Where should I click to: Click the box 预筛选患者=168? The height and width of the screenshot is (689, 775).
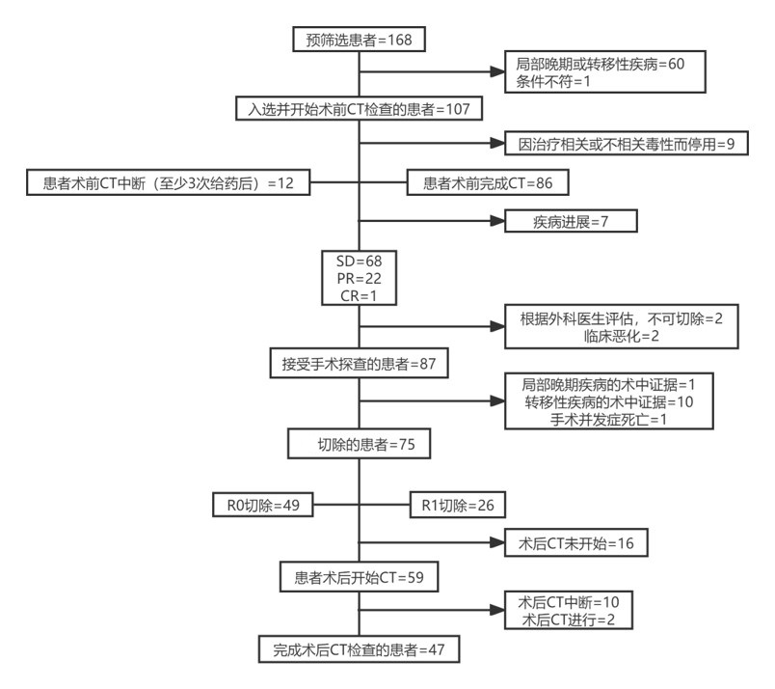pyautogui.click(x=359, y=40)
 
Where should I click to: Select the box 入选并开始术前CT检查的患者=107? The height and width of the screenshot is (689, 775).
pyautogui.click(x=359, y=109)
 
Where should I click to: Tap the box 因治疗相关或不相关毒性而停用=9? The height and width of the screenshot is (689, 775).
pyautogui.click(x=627, y=144)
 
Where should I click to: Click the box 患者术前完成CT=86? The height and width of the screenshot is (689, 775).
pyautogui.click(x=488, y=182)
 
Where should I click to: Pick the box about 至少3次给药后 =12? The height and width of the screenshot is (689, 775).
pyautogui.click(x=168, y=182)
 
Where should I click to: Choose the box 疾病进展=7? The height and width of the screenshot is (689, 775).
pyautogui.click(x=571, y=221)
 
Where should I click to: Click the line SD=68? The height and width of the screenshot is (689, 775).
pyautogui.click(x=360, y=261)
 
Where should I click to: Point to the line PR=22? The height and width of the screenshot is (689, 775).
pyautogui.click(x=360, y=278)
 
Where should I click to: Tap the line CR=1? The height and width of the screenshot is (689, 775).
pyautogui.click(x=359, y=295)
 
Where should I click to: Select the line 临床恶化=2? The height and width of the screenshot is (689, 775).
pyautogui.click(x=622, y=336)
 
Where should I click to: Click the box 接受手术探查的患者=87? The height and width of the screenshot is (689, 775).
pyautogui.click(x=359, y=363)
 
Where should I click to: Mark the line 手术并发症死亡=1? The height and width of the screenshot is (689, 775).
pyautogui.click(x=608, y=419)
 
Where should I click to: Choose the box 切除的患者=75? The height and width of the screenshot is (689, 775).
pyautogui.click(x=359, y=444)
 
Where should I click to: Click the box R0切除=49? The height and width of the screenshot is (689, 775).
pyautogui.click(x=263, y=505)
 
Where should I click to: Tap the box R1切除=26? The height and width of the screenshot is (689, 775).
pyautogui.click(x=458, y=505)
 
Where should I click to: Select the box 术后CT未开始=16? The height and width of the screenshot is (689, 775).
pyautogui.click(x=575, y=543)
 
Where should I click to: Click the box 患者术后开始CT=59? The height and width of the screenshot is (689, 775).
pyautogui.click(x=359, y=577)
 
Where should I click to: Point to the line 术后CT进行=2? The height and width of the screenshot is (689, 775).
pyautogui.click(x=569, y=620)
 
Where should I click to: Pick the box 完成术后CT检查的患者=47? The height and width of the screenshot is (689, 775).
pyautogui.click(x=359, y=648)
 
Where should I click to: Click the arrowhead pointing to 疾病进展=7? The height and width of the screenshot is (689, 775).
pyautogui.click(x=497, y=221)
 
